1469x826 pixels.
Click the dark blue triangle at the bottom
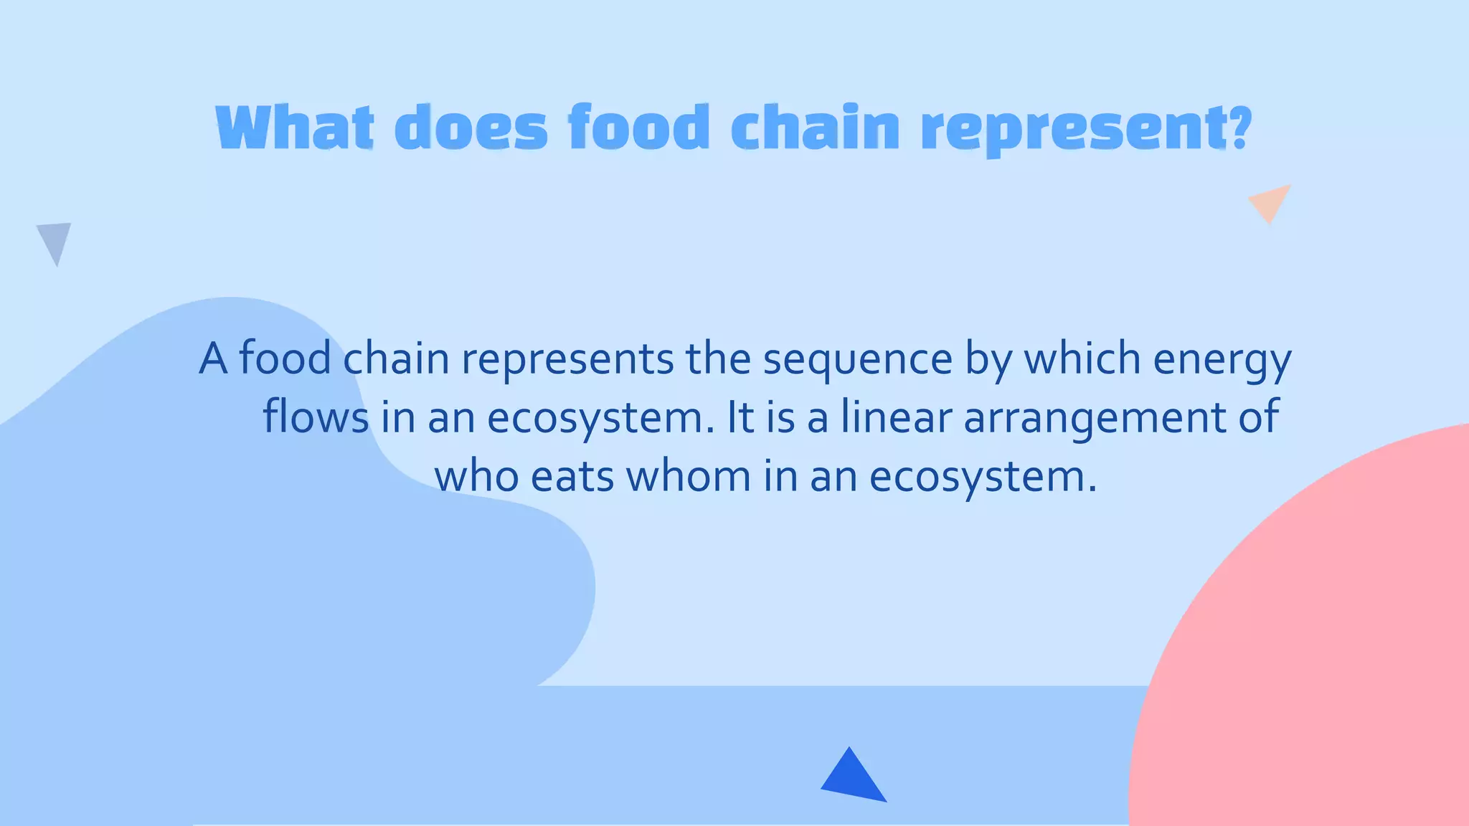(853, 778)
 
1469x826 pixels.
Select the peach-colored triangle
(1270, 201)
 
